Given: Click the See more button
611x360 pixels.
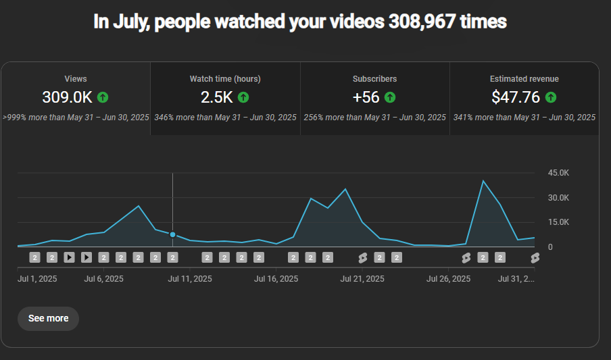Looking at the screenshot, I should (48, 318).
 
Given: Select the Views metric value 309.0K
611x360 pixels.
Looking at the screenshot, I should (67, 97).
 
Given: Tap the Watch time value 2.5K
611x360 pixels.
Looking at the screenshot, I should (217, 97).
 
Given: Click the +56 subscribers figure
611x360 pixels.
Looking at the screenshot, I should (366, 97).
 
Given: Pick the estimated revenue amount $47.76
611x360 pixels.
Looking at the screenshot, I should (516, 97).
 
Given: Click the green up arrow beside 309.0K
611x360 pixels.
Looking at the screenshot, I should (103, 97).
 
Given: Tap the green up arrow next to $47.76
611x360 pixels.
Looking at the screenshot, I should (551, 97).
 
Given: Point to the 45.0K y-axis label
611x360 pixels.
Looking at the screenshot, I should (560, 173).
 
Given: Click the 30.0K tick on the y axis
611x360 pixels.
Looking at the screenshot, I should (560, 198).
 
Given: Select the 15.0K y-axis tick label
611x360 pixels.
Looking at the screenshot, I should (560, 222).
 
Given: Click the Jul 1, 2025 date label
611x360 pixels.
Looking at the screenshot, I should (37, 278).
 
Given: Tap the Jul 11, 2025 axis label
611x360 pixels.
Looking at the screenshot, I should (189, 278).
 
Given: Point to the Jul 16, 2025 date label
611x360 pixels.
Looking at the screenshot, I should (276, 278).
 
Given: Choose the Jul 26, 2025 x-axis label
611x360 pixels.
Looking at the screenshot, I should (448, 278).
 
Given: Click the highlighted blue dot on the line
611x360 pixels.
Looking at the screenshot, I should (172, 234).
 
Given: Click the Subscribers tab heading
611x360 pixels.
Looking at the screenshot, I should (374, 79).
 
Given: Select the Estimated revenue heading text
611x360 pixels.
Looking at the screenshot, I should (524, 79).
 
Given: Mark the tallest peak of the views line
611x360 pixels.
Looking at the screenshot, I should (483, 181).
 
